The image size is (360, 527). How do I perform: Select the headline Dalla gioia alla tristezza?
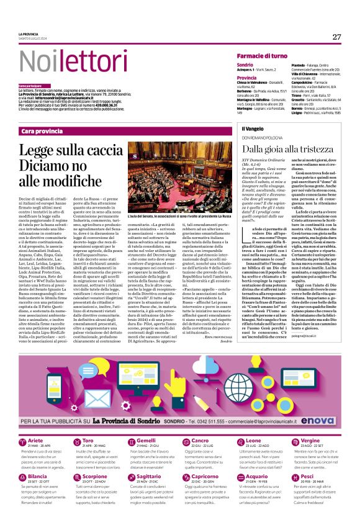coord(282,148)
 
